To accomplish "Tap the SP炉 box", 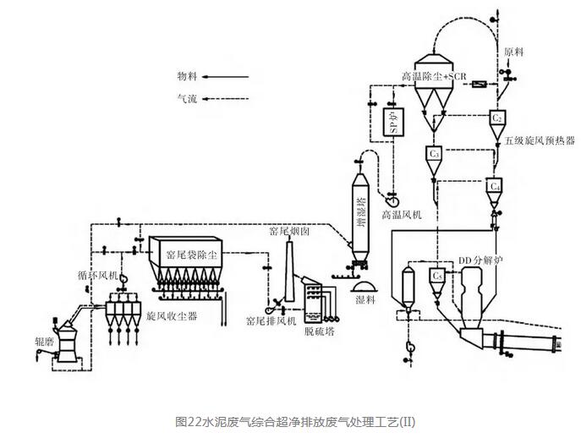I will click(392, 123).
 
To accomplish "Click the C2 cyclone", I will click(499, 119).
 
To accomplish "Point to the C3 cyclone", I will click(434, 155).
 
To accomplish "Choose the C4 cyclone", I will click(496, 186).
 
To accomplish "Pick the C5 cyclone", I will click(437, 276).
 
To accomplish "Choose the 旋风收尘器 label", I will click(171, 315).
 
